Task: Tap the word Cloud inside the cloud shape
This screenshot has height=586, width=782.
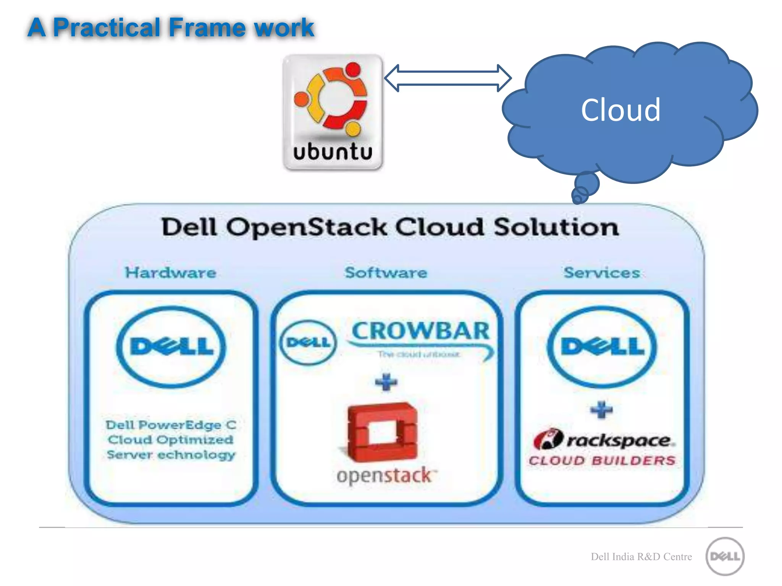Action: tap(620, 110)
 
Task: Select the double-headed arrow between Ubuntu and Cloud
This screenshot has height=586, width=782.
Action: tap(448, 78)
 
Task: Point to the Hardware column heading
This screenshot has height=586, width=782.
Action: tap(171, 273)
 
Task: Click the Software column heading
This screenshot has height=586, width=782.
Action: tap(386, 273)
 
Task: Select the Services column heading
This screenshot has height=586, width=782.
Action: tap(602, 273)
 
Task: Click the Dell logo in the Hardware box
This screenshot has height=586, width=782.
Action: tap(171, 346)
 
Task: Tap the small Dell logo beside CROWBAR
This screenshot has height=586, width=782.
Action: tap(308, 342)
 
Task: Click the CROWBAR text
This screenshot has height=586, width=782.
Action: tap(420, 331)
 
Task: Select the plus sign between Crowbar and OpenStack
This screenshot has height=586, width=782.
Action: tap(386, 382)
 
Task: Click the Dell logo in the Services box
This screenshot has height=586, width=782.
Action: tap(602, 346)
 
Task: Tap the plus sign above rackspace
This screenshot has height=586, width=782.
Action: tap(601, 410)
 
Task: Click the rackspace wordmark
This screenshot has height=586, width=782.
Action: tap(619, 441)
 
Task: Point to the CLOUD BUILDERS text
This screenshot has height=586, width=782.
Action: tap(602, 460)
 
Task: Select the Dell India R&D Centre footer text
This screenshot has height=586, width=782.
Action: tap(641, 557)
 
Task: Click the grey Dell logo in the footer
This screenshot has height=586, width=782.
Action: tap(725, 556)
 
